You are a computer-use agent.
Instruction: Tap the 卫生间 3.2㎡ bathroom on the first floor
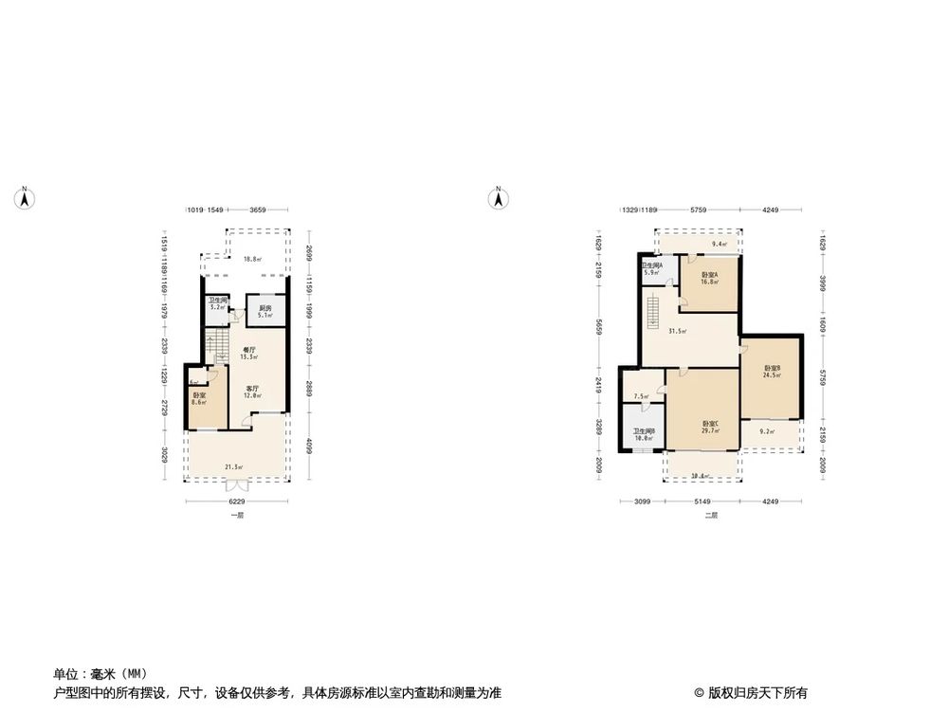coord(217,304)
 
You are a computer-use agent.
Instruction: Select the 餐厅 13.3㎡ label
coord(249,353)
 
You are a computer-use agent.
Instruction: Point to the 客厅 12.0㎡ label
coord(253,392)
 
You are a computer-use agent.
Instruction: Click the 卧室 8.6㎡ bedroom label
coord(199,399)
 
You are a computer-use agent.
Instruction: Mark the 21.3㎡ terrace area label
coord(232,466)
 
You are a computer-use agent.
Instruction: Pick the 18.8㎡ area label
coord(251,259)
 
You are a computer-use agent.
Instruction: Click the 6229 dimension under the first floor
coord(237,501)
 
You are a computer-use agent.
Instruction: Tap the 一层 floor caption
coord(237,516)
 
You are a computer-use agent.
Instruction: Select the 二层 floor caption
coord(710,516)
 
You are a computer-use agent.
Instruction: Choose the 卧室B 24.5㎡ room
coord(772,372)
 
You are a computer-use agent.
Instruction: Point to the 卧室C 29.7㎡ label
coord(710,427)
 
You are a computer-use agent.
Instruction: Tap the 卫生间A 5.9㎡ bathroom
coord(651,269)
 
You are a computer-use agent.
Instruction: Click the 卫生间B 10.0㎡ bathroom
coord(644,435)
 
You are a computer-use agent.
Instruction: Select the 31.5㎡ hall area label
coord(678,331)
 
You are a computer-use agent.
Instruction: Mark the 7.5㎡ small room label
coord(641,397)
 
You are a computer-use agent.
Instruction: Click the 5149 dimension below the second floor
coord(702,501)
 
